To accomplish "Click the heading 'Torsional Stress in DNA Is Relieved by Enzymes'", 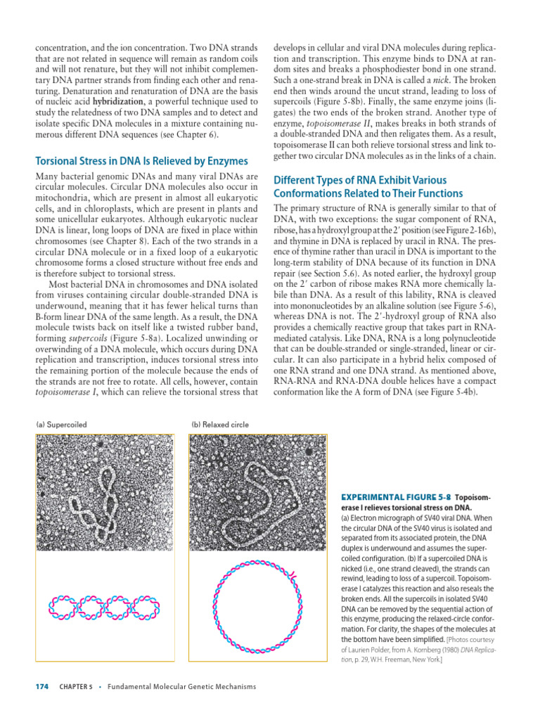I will pos(141,161).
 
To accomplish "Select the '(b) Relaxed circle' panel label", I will pos(219,425).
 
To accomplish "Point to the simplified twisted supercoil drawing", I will pos(104,605).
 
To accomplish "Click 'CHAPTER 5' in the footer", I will pos(76,687).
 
